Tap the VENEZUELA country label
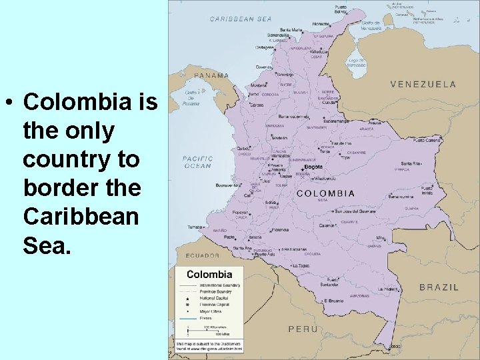[423, 84]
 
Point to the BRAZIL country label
[439, 287]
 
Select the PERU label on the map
[303, 329]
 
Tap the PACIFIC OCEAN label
[197, 162]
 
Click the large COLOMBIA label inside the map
[325, 193]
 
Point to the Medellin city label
[280, 139]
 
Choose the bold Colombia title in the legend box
[209, 274]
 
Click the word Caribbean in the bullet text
[81, 217]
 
